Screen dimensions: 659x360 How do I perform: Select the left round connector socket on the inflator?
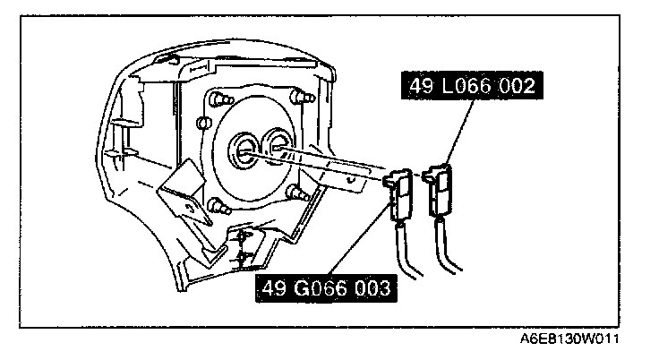coord(244,148)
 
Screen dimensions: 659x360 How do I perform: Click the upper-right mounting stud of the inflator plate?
coord(298,93)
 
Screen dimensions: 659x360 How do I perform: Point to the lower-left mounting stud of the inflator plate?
coord(216,206)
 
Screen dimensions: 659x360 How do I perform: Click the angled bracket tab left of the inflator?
coord(180,197)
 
